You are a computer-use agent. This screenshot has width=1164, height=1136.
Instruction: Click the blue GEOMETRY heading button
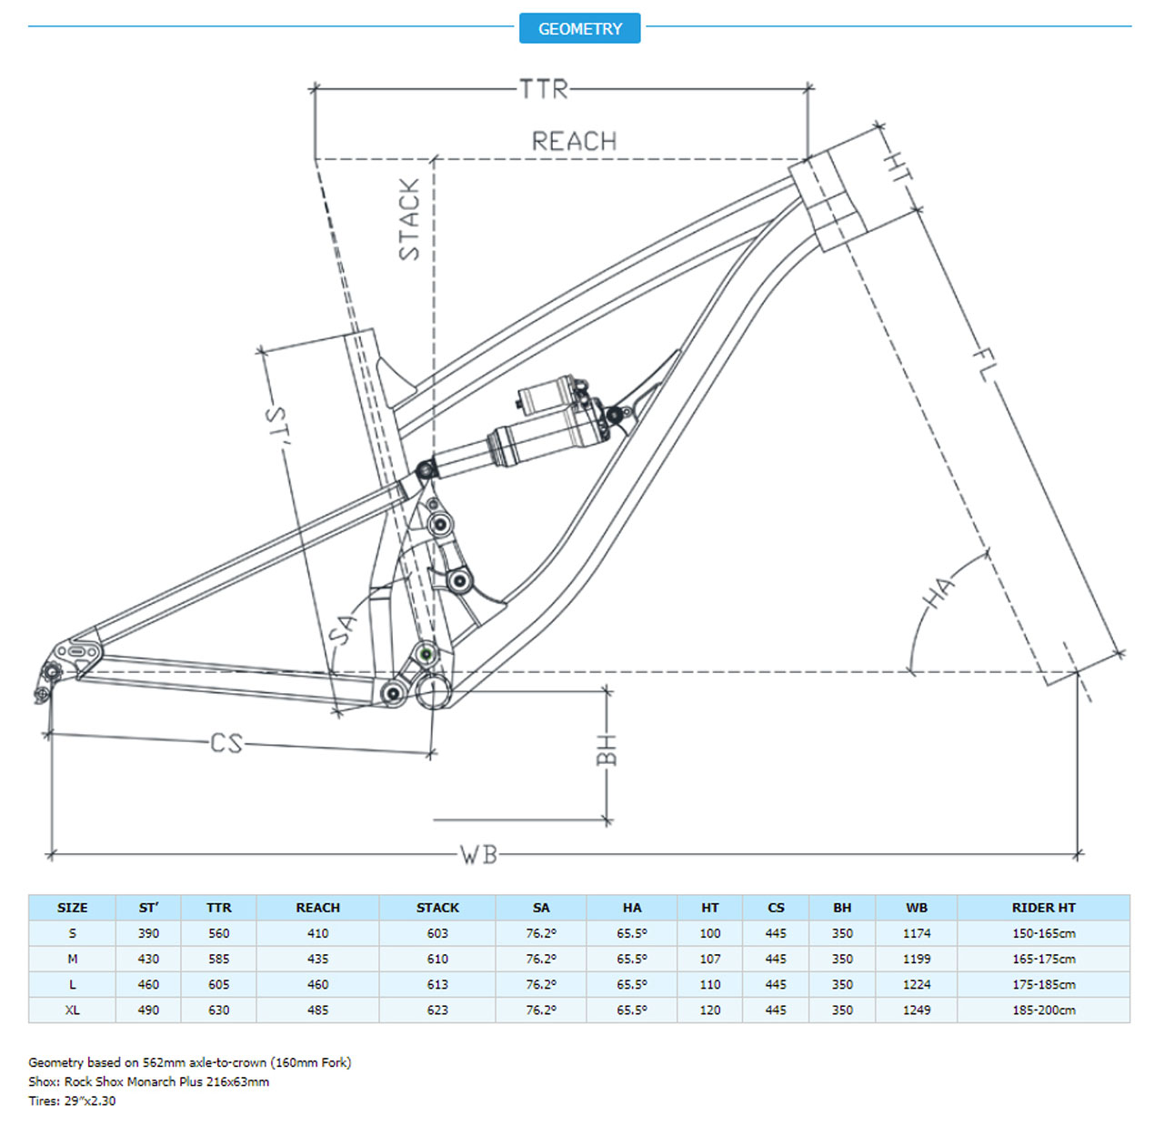click(579, 28)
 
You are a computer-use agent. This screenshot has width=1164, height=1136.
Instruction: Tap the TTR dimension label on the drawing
click(543, 89)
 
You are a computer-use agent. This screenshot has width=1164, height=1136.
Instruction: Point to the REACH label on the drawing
click(574, 141)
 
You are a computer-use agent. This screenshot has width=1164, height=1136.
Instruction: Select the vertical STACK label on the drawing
click(410, 219)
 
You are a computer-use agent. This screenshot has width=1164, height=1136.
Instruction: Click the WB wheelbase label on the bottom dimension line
click(478, 855)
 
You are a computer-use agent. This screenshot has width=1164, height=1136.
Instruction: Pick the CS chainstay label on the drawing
click(226, 744)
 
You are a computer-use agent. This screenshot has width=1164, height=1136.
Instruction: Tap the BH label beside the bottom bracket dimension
click(607, 750)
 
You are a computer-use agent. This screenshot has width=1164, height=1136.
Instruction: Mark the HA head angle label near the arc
click(939, 591)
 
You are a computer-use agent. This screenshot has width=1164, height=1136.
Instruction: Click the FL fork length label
click(983, 365)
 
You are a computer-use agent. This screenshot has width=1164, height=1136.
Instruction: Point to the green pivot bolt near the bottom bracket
click(426, 654)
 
